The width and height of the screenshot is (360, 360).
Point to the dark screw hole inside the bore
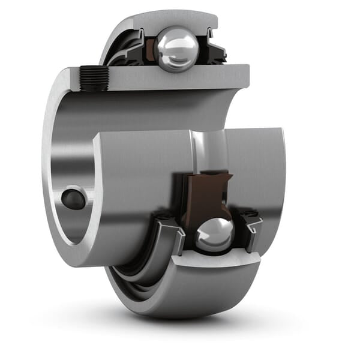click(x=73, y=199)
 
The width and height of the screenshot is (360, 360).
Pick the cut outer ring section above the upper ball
click(x=174, y=20)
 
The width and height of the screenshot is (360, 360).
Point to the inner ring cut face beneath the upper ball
click(x=180, y=77)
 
